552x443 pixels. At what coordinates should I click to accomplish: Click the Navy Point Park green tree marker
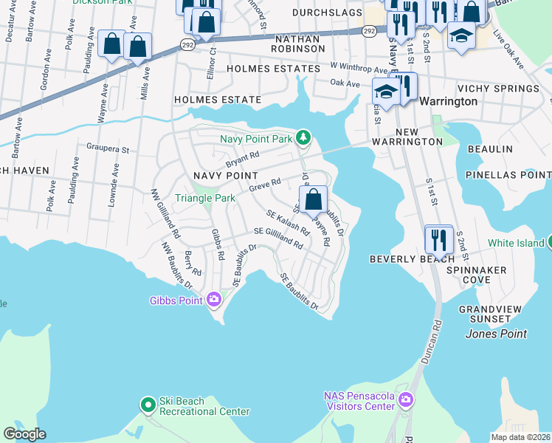(303, 137)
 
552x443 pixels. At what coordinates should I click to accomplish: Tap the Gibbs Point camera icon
(215, 299)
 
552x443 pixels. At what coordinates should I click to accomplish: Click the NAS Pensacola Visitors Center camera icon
(405, 400)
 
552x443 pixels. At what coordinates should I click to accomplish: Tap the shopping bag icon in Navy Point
(314, 199)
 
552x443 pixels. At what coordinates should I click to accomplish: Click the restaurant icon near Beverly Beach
(439, 239)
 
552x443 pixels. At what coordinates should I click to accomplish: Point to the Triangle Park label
(204, 198)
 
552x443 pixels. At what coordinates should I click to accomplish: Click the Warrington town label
(448, 101)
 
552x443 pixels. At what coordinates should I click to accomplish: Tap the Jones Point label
(496, 334)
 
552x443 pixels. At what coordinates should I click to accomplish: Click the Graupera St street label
(108, 150)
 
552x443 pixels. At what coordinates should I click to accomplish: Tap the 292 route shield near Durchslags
(370, 31)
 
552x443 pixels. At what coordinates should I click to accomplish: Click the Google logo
(24, 434)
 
